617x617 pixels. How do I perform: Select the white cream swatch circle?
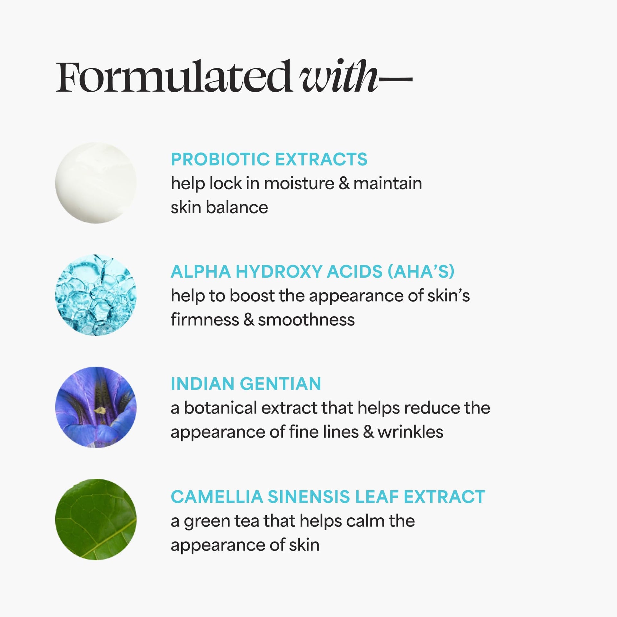(x=96, y=183)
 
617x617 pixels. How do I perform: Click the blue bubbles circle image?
(x=96, y=295)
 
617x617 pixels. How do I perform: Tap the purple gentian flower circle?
(x=96, y=407)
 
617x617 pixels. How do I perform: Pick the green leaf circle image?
(x=96, y=520)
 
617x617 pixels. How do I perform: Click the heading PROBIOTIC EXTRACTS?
(x=269, y=159)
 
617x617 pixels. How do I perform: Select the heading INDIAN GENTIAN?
(x=246, y=384)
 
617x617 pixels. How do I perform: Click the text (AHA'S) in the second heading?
(x=421, y=272)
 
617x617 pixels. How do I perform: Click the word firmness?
(x=205, y=320)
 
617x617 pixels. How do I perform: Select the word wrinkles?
(x=410, y=432)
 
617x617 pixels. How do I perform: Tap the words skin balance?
(x=219, y=207)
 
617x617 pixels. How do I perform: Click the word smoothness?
(x=306, y=320)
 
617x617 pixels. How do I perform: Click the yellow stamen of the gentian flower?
(x=100, y=410)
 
